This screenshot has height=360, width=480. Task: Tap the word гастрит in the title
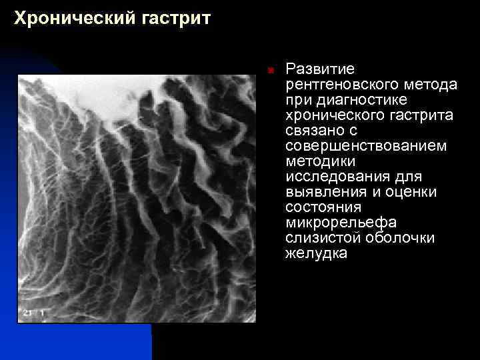point(175,19)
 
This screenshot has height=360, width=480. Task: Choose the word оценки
point(413,192)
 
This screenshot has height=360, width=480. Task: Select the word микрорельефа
point(341,223)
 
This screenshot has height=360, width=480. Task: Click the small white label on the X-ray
point(33,312)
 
